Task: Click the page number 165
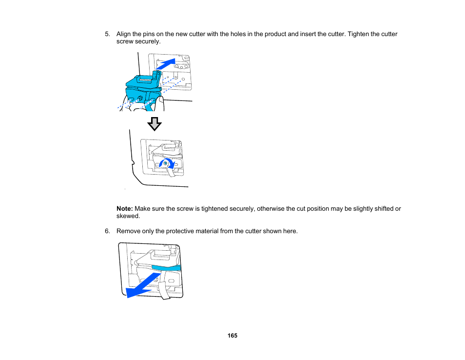click(x=232, y=336)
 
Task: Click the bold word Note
click(x=124, y=209)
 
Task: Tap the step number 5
click(x=107, y=34)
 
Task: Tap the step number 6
click(x=107, y=231)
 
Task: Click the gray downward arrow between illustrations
click(x=155, y=124)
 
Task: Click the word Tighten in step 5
click(x=350, y=34)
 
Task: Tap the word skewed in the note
click(x=128, y=216)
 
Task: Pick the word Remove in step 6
click(x=128, y=231)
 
